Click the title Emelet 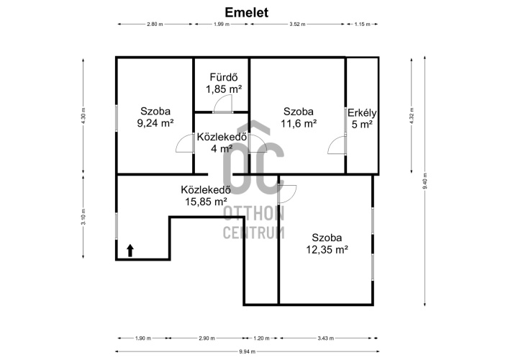247,12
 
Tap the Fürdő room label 224,77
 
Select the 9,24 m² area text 155,123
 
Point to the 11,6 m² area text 299,124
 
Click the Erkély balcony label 362,113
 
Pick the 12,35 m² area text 327,250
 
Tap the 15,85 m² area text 206,202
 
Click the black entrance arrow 130,251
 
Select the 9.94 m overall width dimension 248,351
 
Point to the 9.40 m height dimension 425,181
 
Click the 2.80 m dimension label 155,24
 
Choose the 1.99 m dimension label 222,24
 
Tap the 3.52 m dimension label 297,24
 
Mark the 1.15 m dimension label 362,24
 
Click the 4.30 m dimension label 83,116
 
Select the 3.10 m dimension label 83,217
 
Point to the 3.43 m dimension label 326,338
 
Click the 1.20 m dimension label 261,338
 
